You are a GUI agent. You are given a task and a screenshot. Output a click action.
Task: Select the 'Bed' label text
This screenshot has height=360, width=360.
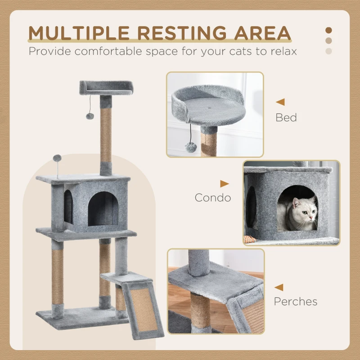286,118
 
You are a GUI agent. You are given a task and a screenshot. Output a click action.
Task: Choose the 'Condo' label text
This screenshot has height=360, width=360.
213,198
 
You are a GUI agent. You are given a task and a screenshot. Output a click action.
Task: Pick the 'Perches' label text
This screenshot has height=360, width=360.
296,301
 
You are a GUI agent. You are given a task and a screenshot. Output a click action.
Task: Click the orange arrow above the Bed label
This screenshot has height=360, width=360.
280,102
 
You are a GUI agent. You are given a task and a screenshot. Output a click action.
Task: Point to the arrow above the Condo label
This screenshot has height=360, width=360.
225,184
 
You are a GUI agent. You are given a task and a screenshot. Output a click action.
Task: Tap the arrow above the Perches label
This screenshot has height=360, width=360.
279,287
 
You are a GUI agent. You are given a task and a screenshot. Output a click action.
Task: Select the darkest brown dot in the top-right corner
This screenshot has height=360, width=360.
328,30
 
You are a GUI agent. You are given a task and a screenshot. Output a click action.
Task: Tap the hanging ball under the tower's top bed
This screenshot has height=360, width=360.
90,116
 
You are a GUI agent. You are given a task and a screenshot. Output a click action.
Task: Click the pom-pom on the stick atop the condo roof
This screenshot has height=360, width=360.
57,158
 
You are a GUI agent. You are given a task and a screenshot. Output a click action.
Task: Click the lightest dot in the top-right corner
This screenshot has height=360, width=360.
328,51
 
